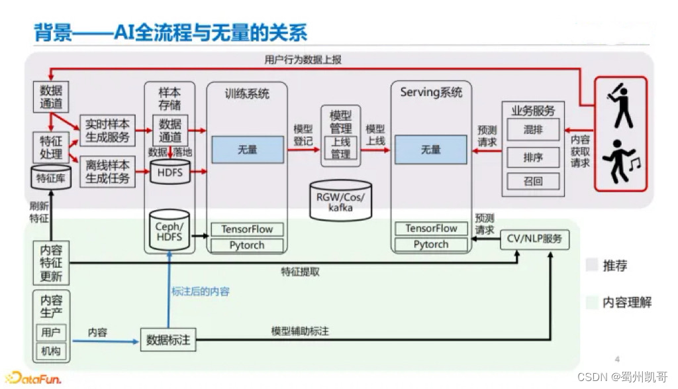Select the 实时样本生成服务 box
[x=107, y=131]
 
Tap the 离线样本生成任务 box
[x=107, y=171]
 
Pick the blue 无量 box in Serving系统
[x=430, y=150]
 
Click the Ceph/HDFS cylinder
[x=169, y=231]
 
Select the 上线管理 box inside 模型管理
[x=341, y=149]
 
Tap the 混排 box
[x=533, y=130]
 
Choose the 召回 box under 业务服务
[x=533, y=180]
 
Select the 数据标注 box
[x=168, y=340]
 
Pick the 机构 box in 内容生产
[x=51, y=351]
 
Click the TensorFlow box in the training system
[x=247, y=229]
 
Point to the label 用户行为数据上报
[x=303, y=60]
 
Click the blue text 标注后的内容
[x=201, y=291]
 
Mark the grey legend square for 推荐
[x=592, y=266]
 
